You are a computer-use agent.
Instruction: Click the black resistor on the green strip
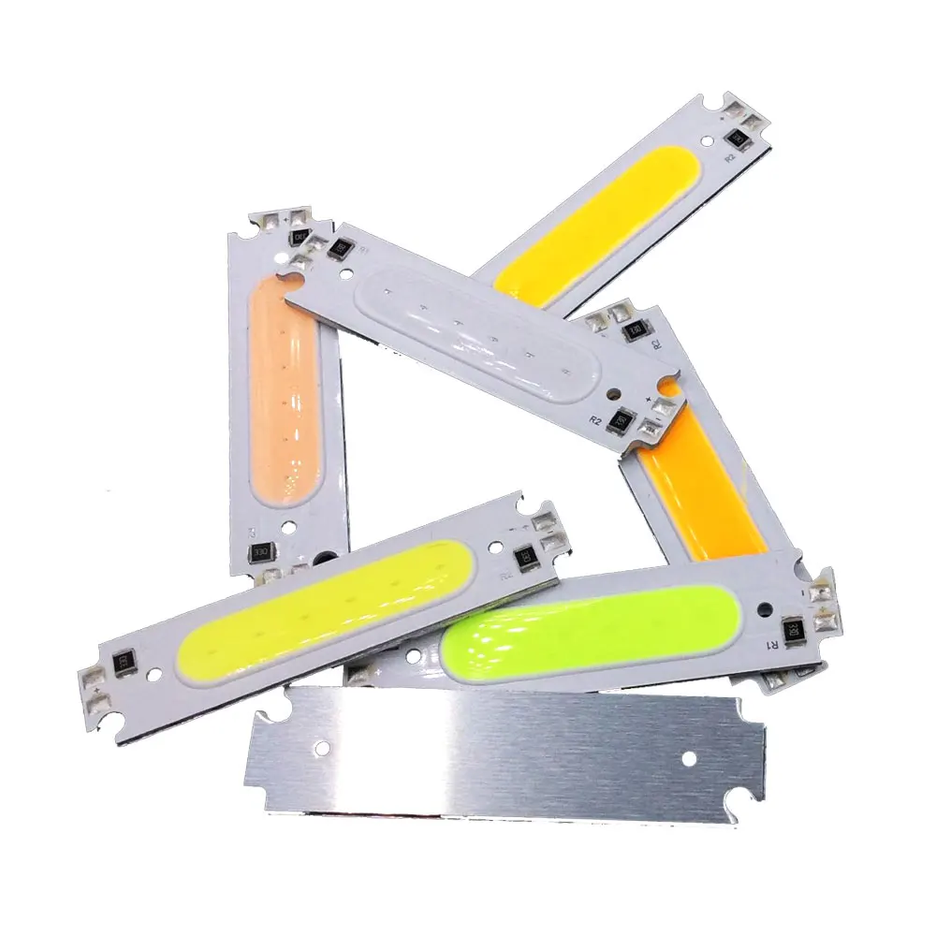pyautogui.click(x=793, y=625)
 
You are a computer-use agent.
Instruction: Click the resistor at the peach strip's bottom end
pyautogui.click(x=267, y=552)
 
